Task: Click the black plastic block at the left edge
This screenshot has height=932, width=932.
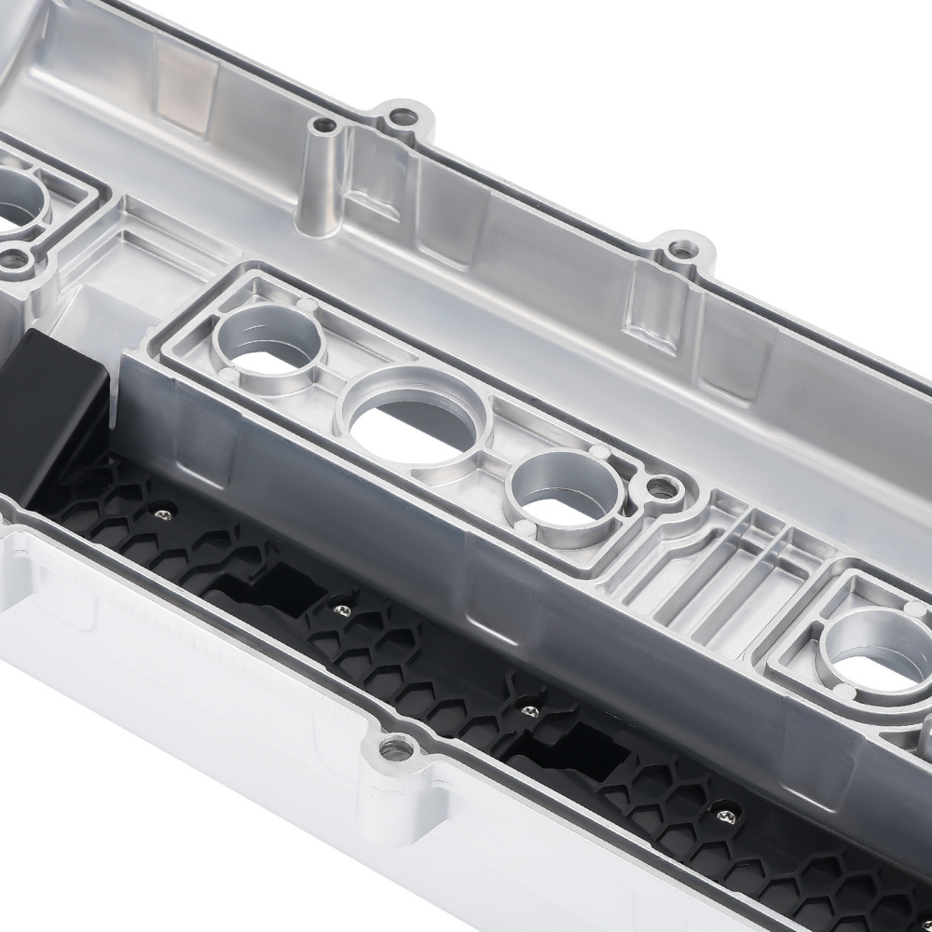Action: click(47, 410)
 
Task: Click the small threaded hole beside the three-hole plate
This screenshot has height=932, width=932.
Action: click(665, 486)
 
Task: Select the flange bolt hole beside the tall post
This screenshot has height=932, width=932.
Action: click(404, 117)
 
